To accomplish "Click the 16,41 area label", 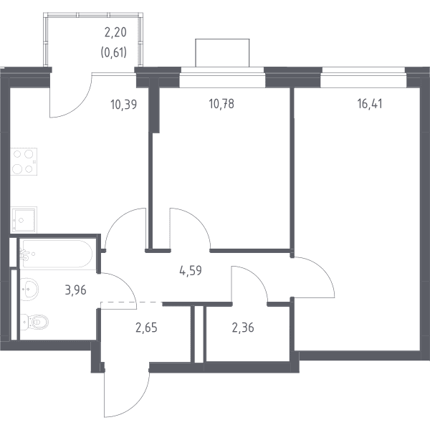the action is coord(370,104).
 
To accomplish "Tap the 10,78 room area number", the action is coord(221,104).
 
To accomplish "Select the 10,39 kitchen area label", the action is coord(124,105).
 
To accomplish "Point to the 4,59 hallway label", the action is coord(191,270).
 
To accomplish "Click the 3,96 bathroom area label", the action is coord(76,290).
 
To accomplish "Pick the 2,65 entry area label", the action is coord(146,328).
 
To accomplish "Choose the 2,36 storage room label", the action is coord(243,328).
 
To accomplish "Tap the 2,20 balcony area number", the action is coord(115,32).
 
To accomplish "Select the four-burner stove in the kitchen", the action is coord(24,161).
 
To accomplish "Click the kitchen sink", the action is coord(24,219).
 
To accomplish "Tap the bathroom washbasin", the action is coord(29,290).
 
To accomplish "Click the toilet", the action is coord(34,321).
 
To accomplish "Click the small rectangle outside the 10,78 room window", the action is coord(222,52).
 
